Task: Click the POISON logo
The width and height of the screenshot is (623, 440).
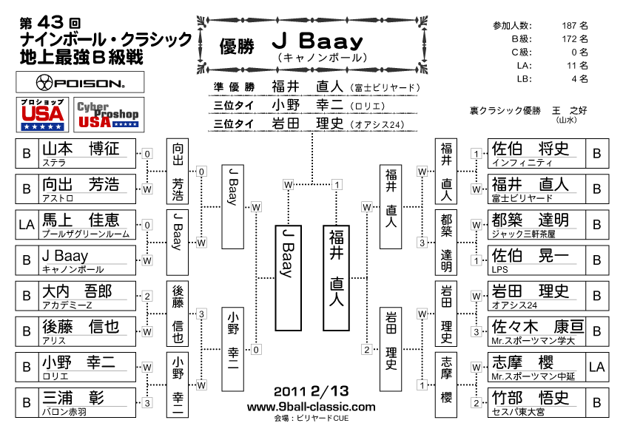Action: (80, 82)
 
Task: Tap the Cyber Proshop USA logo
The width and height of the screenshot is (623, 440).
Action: (109, 115)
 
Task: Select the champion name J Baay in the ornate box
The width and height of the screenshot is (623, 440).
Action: (318, 41)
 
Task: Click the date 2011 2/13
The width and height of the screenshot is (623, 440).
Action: (311, 391)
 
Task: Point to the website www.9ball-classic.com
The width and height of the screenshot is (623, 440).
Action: (311, 407)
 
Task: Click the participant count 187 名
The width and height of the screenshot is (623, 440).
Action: (574, 26)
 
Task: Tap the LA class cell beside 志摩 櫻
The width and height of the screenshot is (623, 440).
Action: (597, 368)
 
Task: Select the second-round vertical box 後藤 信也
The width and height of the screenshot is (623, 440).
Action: (177, 314)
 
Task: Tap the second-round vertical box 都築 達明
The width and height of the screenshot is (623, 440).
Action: (446, 243)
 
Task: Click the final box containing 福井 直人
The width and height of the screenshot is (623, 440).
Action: (336, 278)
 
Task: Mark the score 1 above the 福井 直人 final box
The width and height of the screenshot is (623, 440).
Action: (337, 185)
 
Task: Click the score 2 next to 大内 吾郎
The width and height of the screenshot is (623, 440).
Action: (147, 297)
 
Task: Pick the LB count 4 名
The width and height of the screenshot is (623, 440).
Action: (579, 79)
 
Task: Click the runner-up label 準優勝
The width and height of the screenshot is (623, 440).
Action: (234, 87)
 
